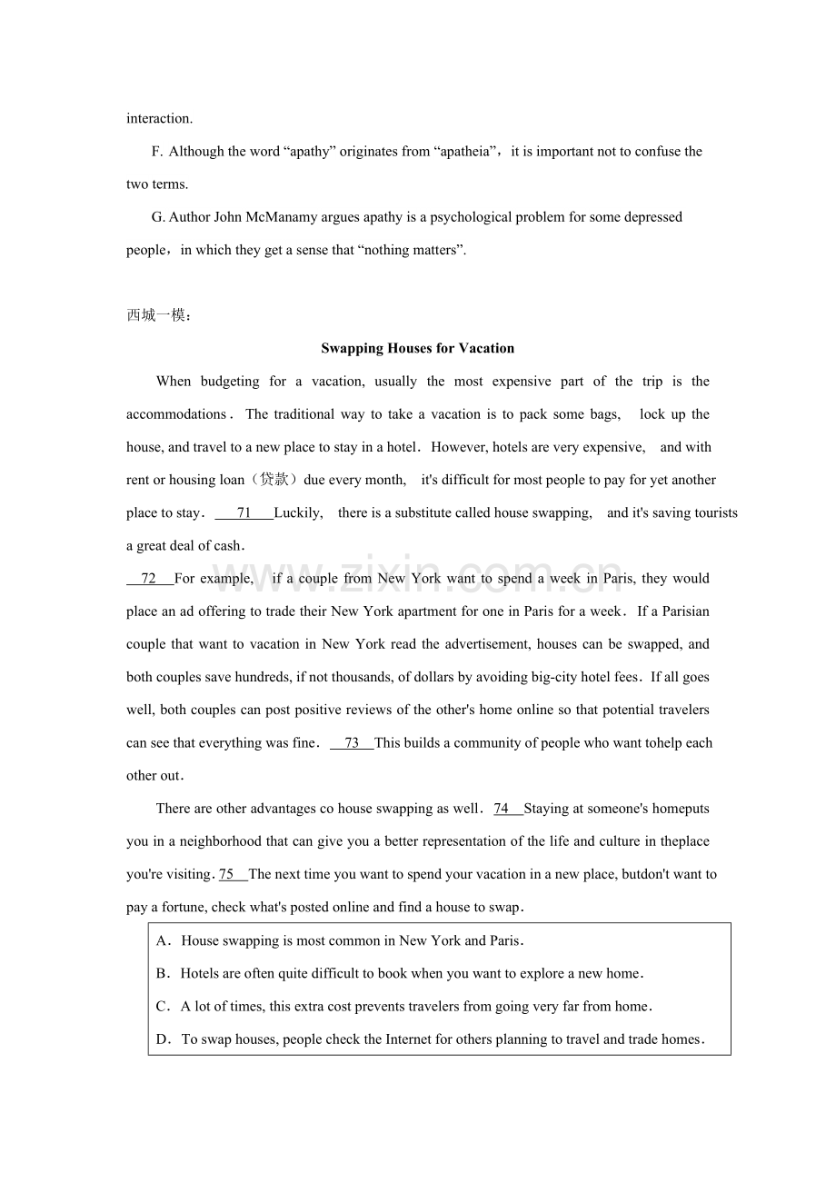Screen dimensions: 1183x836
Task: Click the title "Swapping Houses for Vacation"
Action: [x=417, y=348]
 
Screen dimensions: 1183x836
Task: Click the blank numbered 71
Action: [x=244, y=513]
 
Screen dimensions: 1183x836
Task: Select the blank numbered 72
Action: [x=149, y=579]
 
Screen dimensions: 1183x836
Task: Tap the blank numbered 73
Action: [x=352, y=743]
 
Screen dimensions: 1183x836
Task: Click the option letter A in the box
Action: [x=163, y=941]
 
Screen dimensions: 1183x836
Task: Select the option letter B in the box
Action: [x=163, y=974]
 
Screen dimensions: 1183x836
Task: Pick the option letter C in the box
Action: [x=163, y=1007]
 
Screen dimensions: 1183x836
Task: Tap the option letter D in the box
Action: [x=163, y=1039]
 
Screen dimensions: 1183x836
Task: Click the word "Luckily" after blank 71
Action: [x=297, y=513]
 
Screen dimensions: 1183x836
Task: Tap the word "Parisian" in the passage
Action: [x=686, y=611]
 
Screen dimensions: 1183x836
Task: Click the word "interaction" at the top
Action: [x=158, y=118]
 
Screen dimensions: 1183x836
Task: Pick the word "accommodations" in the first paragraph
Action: [x=175, y=414]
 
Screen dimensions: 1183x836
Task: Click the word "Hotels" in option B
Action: [x=199, y=974]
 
